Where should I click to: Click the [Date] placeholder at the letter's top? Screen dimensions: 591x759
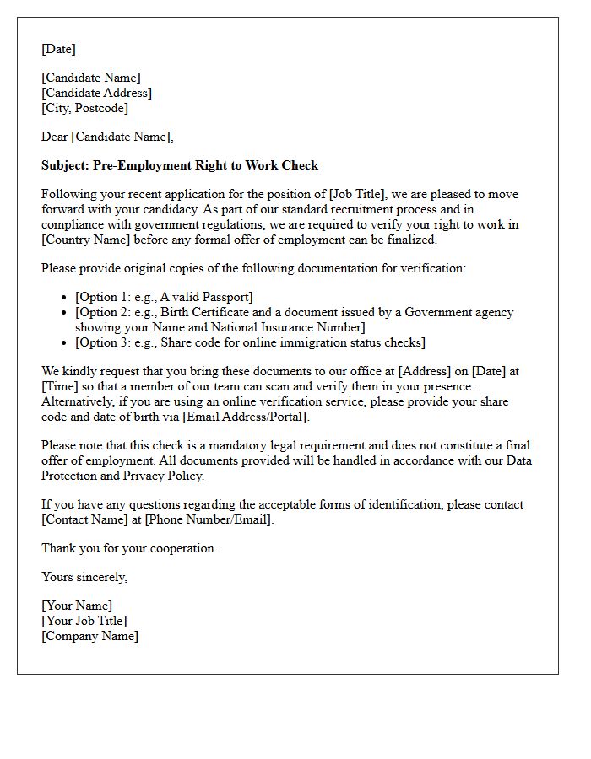[x=58, y=49]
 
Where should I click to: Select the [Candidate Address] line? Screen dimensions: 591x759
[x=96, y=93]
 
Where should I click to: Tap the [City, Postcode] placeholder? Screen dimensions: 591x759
[x=84, y=108]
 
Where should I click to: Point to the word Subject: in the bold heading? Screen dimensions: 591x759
[x=64, y=165]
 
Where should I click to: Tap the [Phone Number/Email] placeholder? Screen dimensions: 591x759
[x=209, y=519]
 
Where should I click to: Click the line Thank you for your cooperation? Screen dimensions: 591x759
[x=129, y=548]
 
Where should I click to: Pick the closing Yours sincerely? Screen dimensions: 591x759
[x=84, y=577]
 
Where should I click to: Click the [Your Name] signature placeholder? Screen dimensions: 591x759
[x=77, y=606]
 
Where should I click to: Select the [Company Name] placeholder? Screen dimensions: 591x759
[x=90, y=636]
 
